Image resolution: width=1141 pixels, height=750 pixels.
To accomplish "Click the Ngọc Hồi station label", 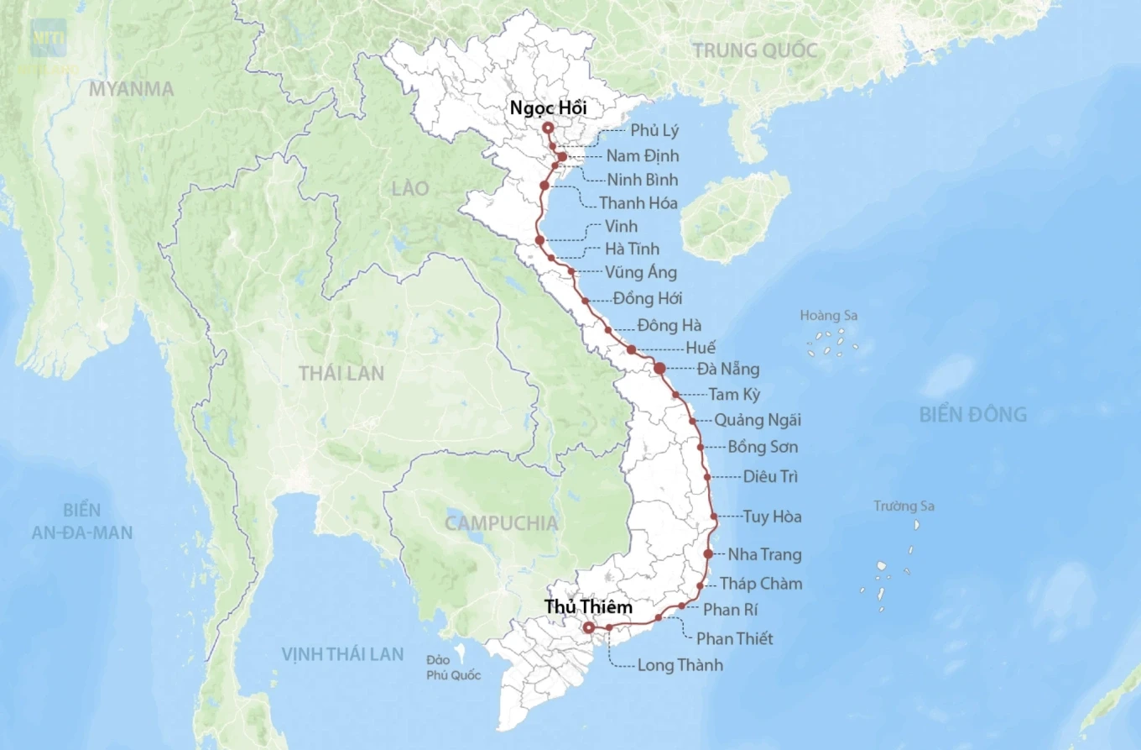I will [x=549, y=108].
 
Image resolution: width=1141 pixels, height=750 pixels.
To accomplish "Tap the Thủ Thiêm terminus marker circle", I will [x=589, y=627].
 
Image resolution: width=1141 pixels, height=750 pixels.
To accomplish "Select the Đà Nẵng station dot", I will [x=659, y=368].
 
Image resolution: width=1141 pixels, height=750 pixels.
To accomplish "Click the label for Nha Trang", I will [x=764, y=554].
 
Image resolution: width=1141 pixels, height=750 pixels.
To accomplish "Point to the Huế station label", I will [x=701, y=348].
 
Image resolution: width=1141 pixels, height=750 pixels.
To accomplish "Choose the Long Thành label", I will [x=680, y=665].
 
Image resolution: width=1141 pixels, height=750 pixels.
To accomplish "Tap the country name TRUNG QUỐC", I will [x=754, y=50].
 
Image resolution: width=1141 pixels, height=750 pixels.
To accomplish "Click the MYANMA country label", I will [x=132, y=89].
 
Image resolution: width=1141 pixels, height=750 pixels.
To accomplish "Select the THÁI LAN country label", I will [x=341, y=373].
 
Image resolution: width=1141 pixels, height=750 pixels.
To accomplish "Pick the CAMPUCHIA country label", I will [x=501, y=523].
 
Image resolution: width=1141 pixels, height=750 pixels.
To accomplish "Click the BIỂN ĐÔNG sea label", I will [x=972, y=414].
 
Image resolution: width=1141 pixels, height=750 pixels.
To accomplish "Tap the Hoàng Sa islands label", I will [x=829, y=316].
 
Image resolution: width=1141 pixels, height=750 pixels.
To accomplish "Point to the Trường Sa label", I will [x=904, y=506].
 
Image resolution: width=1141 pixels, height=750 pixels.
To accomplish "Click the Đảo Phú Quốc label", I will [x=453, y=669].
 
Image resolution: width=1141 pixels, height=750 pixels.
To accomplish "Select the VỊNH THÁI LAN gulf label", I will [x=342, y=654].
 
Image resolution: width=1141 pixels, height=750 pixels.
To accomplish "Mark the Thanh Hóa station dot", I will [x=544, y=186].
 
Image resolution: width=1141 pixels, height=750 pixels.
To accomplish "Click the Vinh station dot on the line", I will [x=539, y=240].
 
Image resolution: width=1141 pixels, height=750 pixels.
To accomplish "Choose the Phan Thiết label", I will [x=734, y=638].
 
